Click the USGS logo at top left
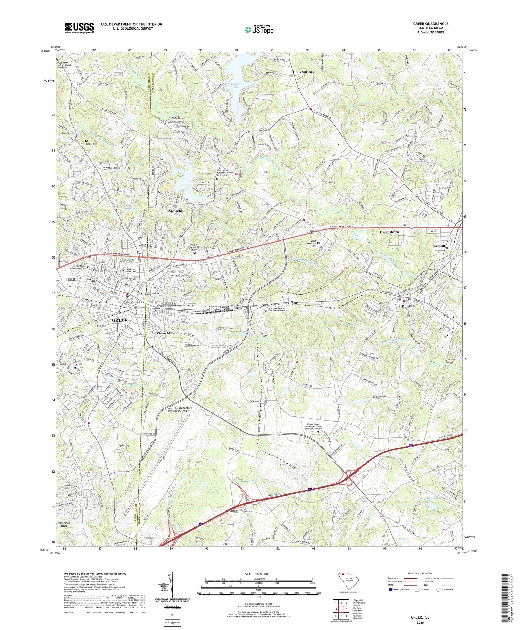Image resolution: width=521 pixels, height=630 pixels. tap(79, 28)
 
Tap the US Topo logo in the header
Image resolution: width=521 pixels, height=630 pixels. tap(259, 30)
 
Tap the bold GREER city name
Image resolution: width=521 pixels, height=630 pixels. tap(119, 320)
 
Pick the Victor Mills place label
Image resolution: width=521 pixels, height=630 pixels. tap(166, 333)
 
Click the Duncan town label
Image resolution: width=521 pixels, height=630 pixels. tap(408, 306)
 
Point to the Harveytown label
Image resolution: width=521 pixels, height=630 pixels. tap(389, 232)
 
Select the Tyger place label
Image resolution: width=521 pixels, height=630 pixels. tap(296, 302)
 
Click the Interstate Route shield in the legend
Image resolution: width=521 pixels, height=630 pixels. tap(390, 590)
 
